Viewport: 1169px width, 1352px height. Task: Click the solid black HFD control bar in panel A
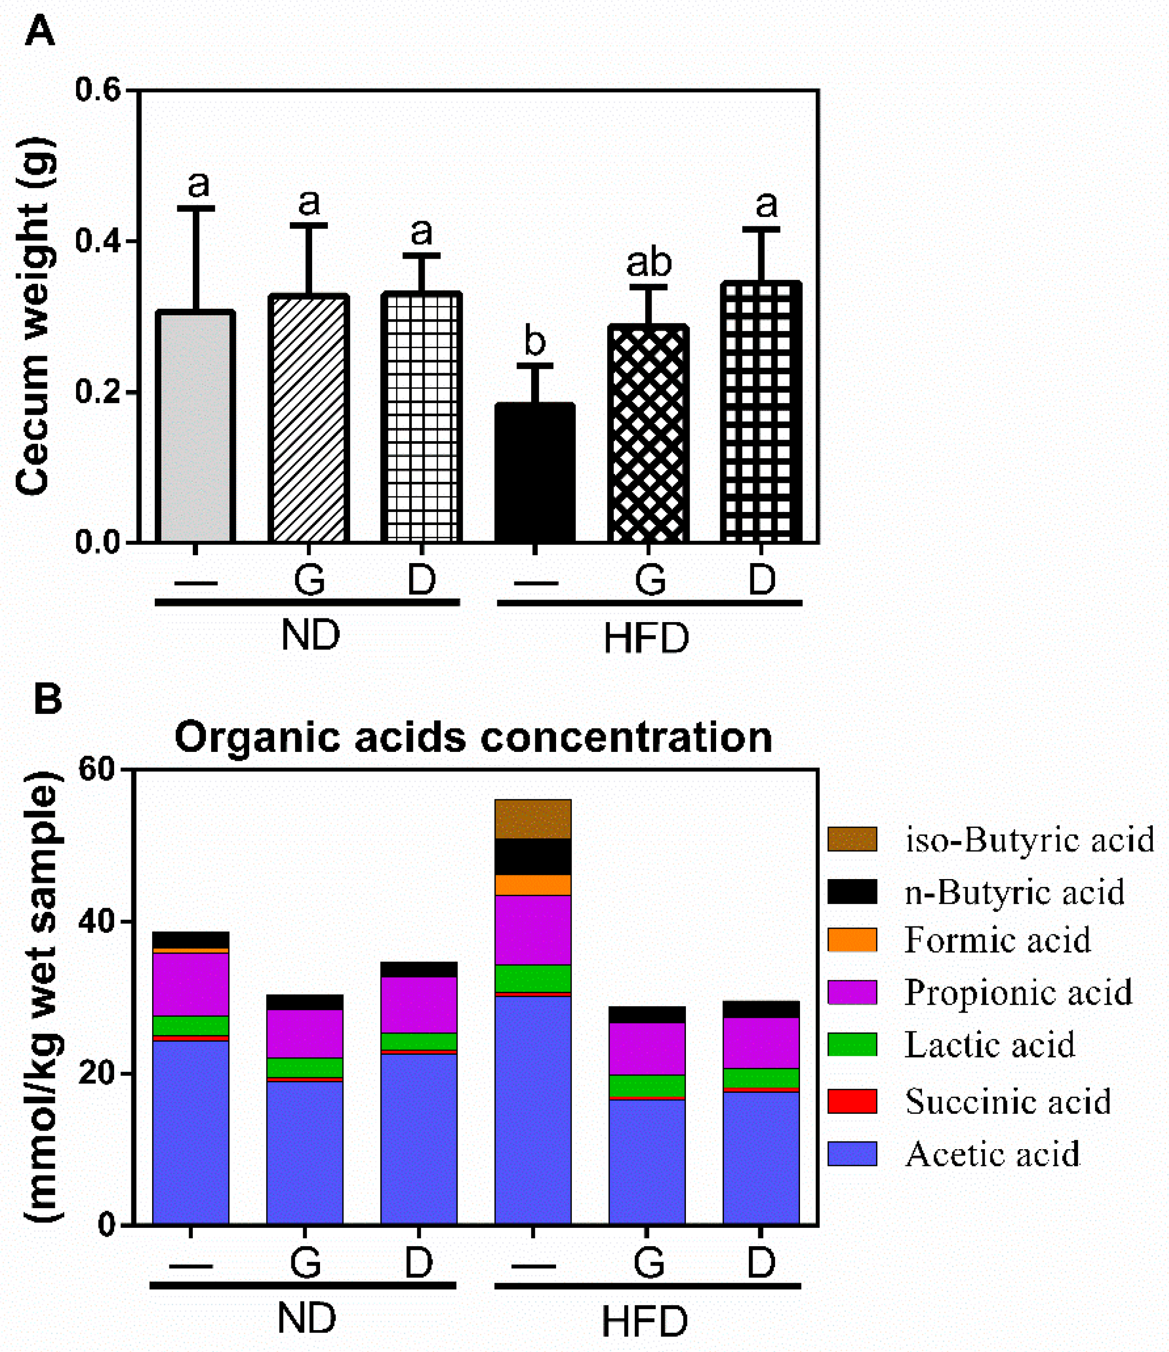pyautogui.click(x=535, y=473)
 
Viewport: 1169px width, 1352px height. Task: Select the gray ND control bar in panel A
pyautogui.click(x=195, y=428)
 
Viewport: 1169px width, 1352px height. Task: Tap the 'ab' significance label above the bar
pyautogui.click(x=648, y=262)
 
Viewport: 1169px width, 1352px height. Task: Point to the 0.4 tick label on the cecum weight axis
pyautogui.click(x=98, y=241)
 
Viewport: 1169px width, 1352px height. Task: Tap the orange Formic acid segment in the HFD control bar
pyautogui.click(x=533, y=885)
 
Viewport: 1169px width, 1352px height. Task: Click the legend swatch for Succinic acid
pyautogui.click(x=852, y=1101)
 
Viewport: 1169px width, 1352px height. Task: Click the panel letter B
pyautogui.click(x=47, y=699)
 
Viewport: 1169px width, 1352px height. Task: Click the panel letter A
pyautogui.click(x=39, y=30)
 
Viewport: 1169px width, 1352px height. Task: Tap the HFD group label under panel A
pyautogui.click(x=646, y=638)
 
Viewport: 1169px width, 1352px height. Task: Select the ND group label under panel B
pyautogui.click(x=306, y=1318)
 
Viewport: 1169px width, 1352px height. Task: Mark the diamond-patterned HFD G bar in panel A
pyautogui.click(x=648, y=434)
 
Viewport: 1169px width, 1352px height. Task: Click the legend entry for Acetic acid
pyautogui.click(x=992, y=1154)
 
